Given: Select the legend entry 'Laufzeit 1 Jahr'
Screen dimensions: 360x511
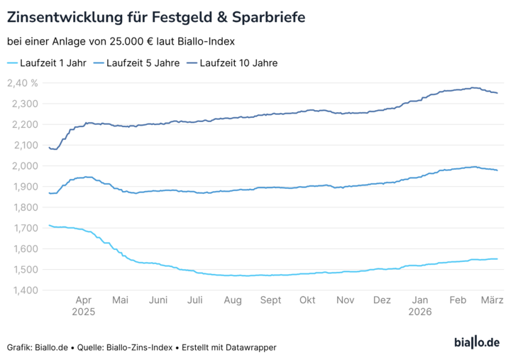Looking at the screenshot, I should click(53, 62).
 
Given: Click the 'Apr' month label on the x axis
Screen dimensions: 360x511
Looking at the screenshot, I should click(83, 300).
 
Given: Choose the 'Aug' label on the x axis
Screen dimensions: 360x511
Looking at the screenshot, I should click(232, 300).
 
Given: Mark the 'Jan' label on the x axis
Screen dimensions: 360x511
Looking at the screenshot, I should click(419, 300).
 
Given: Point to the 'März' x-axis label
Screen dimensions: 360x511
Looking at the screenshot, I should click(493, 300).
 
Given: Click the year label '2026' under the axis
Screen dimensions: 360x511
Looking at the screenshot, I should click(419, 311).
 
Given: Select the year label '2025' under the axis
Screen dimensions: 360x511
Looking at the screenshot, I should click(83, 311).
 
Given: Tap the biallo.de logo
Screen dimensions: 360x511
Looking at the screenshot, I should click(476, 342).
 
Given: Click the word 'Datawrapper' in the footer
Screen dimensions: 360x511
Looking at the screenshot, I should click(251, 347).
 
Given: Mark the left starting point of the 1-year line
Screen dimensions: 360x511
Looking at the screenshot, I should click(48, 225).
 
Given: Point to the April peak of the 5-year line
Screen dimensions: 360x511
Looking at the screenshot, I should click(87, 177).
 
